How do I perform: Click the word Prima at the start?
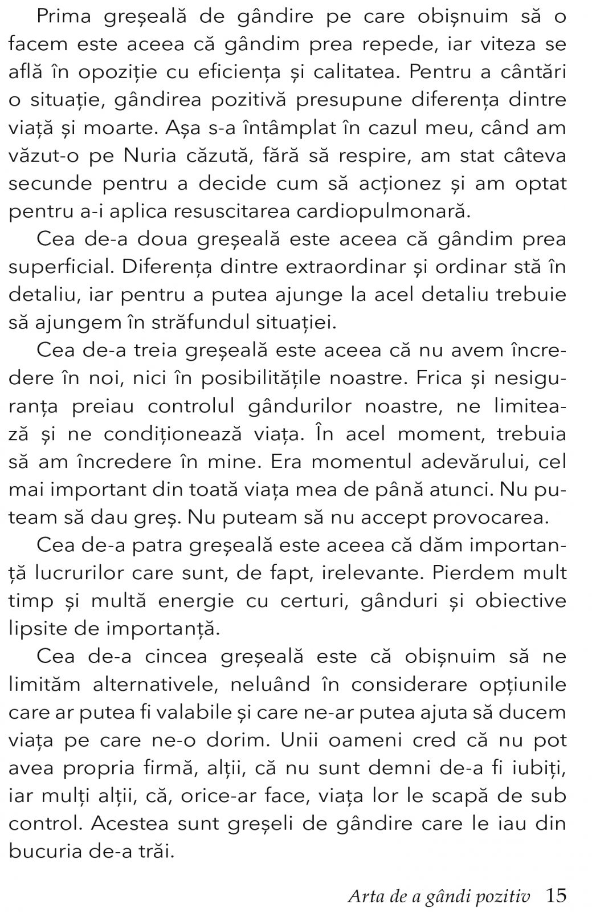coord(63,17)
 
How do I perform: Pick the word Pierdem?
coord(471,573)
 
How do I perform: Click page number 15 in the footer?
coord(556,895)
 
